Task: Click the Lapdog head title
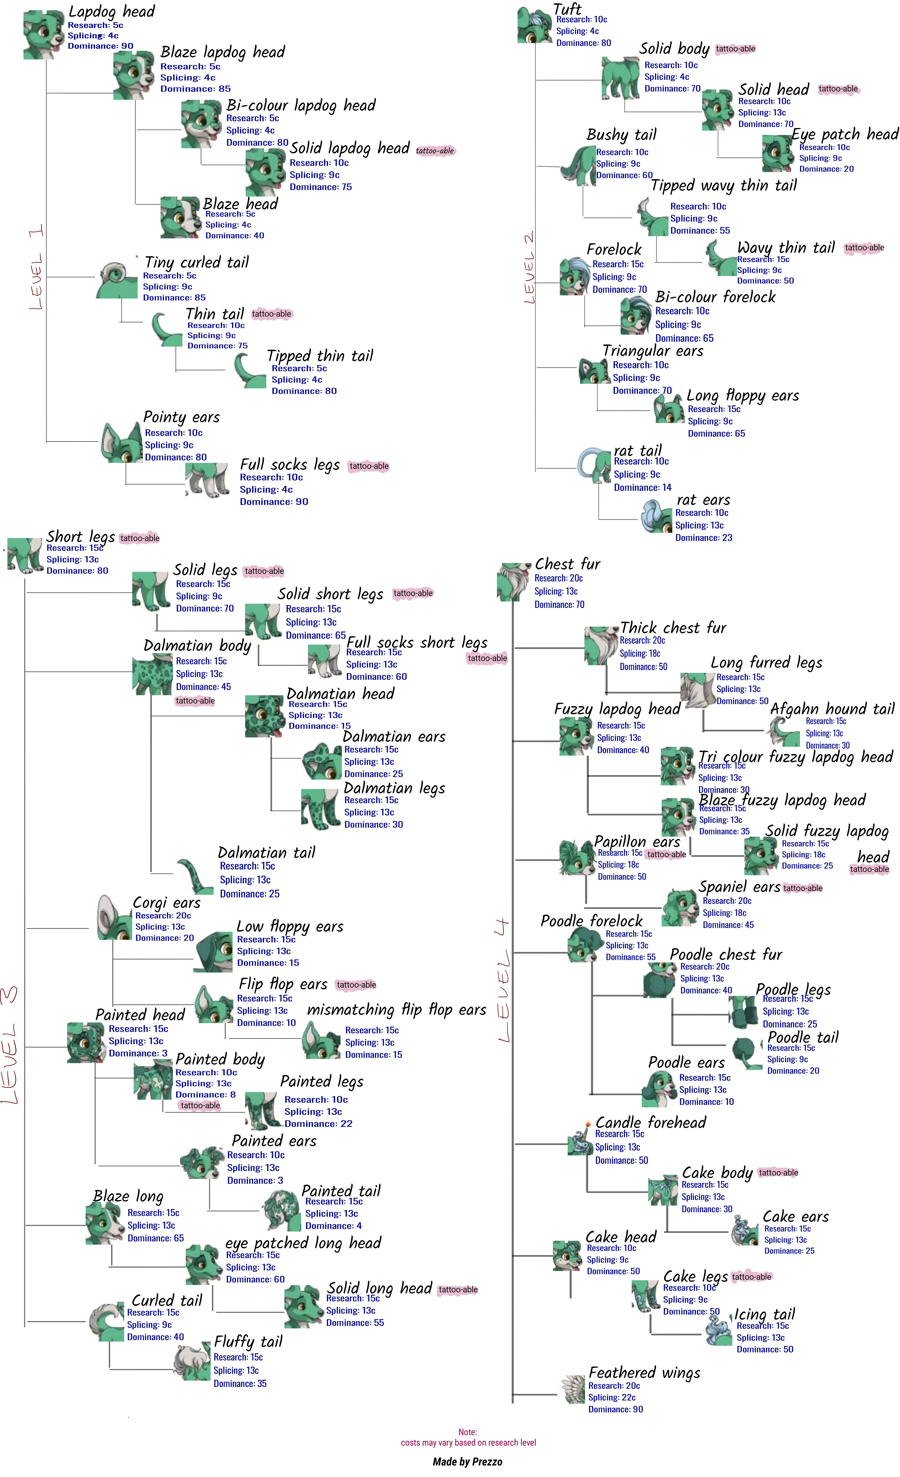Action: (x=111, y=11)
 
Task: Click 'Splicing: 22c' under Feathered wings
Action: (x=612, y=1397)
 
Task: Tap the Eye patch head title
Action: (x=845, y=134)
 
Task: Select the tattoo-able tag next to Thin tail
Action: (x=271, y=314)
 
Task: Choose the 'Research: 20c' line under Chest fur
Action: (x=559, y=578)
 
